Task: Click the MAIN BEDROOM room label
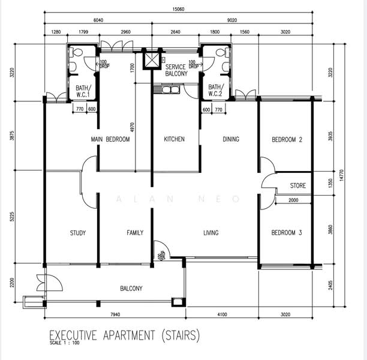click(x=110, y=139)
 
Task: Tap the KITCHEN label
click(x=174, y=139)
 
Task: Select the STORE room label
click(x=297, y=185)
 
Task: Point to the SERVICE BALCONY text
click(x=176, y=70)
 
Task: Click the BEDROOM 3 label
click(x=287, y=233)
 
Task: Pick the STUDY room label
click(x=78, y=233)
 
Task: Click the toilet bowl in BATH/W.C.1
click(x=76, y=52)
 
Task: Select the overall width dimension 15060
click(x=178, y=9)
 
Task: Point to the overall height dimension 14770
click(x=341, y=175)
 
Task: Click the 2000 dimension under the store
click(x=293, y=200)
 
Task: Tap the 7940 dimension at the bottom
click(x=115, y=314)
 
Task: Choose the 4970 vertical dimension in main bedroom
click(x=133, y=127)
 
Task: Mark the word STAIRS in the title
click(x=181, y=335)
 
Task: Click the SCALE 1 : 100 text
click(x=64, y=343)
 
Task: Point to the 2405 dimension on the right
click(x=330, y=285)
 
